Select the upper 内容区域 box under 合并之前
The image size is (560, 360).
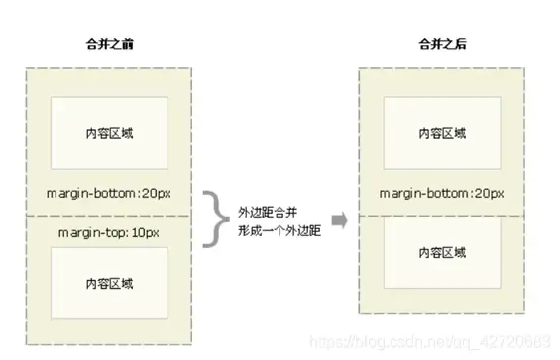click(x=109, y=133)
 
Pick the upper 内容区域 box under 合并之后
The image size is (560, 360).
click(x=442, y=133)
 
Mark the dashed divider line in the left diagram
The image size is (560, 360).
click(x=109, y=215)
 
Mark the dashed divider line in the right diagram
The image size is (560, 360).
click(x=442, y=215)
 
